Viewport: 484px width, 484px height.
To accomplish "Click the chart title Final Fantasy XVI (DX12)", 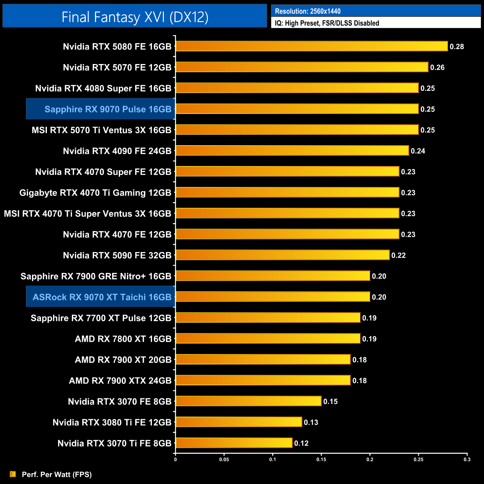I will tap(135, 17).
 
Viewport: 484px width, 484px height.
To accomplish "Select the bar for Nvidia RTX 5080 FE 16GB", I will tap(312, 46).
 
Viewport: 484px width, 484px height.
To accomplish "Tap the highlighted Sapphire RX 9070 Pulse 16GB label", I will tap(108, 109).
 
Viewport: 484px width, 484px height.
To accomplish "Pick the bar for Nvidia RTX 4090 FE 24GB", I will tap(292, 151).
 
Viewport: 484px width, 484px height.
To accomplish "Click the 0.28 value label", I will tap(456, 47).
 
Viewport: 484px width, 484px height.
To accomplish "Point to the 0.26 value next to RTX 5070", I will tap(437, 67).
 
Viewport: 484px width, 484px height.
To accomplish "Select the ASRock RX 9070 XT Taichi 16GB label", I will tap(102, 297).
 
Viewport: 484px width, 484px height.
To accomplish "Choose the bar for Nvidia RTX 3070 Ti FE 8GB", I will tap(234, 443).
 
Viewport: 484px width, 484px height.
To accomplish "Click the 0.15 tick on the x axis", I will tap(321, 459).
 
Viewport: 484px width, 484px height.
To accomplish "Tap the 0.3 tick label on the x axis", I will tap(467, 459).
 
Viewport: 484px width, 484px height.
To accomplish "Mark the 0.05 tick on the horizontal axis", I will tap(224, 459).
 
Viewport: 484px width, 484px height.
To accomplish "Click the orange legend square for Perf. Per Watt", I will tap(13, 474).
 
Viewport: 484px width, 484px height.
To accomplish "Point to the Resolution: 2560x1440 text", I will tap(308, 11).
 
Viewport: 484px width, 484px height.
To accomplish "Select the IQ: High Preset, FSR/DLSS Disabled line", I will tap(327, 23).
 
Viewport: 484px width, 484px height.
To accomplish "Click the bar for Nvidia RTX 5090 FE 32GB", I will tap(283, 255).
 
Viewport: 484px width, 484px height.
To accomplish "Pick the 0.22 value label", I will tap(398, 255).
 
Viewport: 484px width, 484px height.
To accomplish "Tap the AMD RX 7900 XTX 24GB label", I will tap(120, 380).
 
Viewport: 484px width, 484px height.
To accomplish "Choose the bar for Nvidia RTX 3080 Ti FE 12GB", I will tap(239, 422).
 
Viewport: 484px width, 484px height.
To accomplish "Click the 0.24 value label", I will tap(418, 151).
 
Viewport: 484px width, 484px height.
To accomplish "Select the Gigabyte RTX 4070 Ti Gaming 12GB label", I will tap(95, 193).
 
